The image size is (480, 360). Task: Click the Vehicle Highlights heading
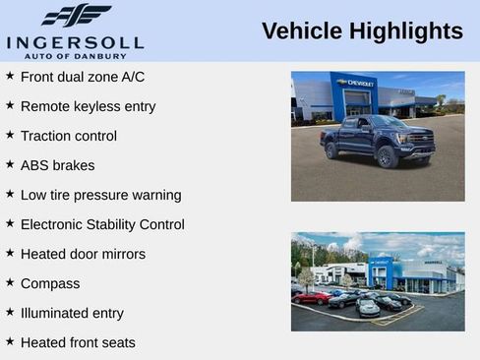pos(362,31)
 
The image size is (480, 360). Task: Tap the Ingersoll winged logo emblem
pos(76,16)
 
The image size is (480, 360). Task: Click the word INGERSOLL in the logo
pos(75,42)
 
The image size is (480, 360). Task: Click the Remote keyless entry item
pos(88,106)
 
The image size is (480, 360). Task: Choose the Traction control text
pos(68,136)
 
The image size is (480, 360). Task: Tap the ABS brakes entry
pos(57,165)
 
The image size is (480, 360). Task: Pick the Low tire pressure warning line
pos(100,195)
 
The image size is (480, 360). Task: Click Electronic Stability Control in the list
pos(102,224)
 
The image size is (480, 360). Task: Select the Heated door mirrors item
pos(83,254)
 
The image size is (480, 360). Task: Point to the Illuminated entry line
pos(72,313)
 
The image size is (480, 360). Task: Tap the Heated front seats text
pos(78,342)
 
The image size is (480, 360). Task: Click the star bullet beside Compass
pos(10,282)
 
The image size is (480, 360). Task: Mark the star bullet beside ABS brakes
pos(10,164)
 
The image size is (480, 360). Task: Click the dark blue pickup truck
pos(378,139)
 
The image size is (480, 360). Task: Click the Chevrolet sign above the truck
pos(354,83)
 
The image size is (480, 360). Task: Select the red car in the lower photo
pos(311,297)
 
